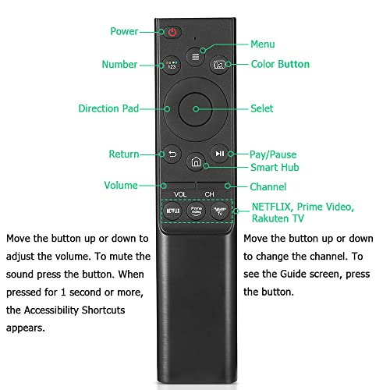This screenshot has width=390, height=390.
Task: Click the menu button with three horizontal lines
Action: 195,57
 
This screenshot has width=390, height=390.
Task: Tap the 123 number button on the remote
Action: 172,65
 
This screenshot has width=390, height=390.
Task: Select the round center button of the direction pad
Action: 196,109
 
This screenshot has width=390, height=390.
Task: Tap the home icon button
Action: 196,161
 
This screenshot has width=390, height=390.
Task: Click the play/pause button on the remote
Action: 220,154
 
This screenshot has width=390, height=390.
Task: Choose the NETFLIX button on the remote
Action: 173,211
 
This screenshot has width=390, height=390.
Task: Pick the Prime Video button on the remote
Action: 197,211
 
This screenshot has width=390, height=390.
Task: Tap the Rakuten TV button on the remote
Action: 220,211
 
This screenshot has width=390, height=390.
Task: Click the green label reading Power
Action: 124,31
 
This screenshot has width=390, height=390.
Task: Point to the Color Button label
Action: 280,64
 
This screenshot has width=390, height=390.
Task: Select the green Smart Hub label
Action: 275,168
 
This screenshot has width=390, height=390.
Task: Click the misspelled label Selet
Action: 262,108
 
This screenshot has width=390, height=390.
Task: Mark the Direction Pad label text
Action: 108,108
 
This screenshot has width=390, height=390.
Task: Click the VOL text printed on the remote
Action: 180,194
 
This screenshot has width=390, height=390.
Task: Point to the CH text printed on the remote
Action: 209,194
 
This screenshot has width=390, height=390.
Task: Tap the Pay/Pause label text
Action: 273,154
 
